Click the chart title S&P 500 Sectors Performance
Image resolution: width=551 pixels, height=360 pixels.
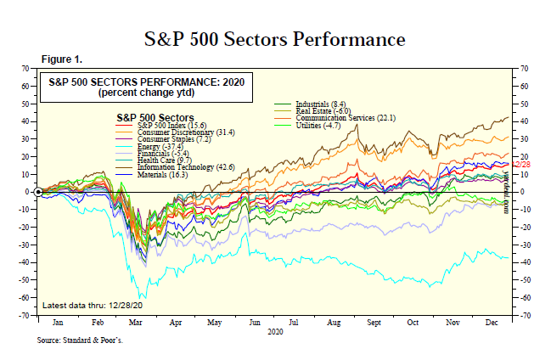pyautogui.click(x=275, y=39)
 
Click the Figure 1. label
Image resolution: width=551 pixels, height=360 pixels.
pyautogui.click(x=61, y=59)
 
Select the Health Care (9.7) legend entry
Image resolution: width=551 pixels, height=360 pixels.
pyautogui.click(x=157, y=160)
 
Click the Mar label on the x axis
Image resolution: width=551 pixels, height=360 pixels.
pyautogui.click(x=134, y=324)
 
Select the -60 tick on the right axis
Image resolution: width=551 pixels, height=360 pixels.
pyautogui.click(x=525, y=298)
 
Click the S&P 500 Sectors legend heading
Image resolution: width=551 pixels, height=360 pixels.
pyautogui.click(x=149, y=116)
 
